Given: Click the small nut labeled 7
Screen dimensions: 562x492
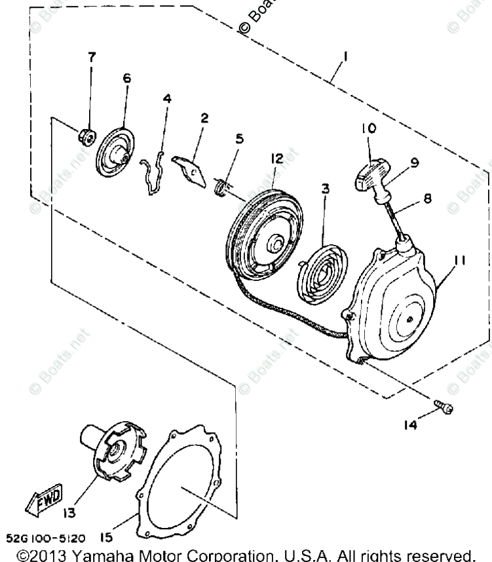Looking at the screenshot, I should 84,136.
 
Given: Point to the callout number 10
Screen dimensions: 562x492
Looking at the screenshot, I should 367,128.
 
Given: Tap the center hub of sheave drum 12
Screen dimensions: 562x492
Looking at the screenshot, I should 276,243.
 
